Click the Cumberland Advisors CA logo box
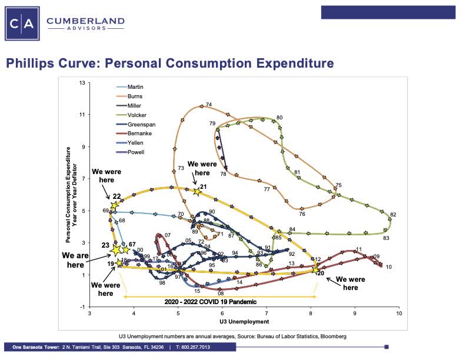22,23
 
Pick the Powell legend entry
136,152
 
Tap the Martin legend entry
135,86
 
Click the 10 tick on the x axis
399,314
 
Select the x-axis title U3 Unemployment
244,322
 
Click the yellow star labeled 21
197,191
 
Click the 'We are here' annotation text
74,261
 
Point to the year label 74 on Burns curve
209,105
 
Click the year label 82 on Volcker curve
393,214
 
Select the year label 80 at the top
280,118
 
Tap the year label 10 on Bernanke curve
388,267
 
